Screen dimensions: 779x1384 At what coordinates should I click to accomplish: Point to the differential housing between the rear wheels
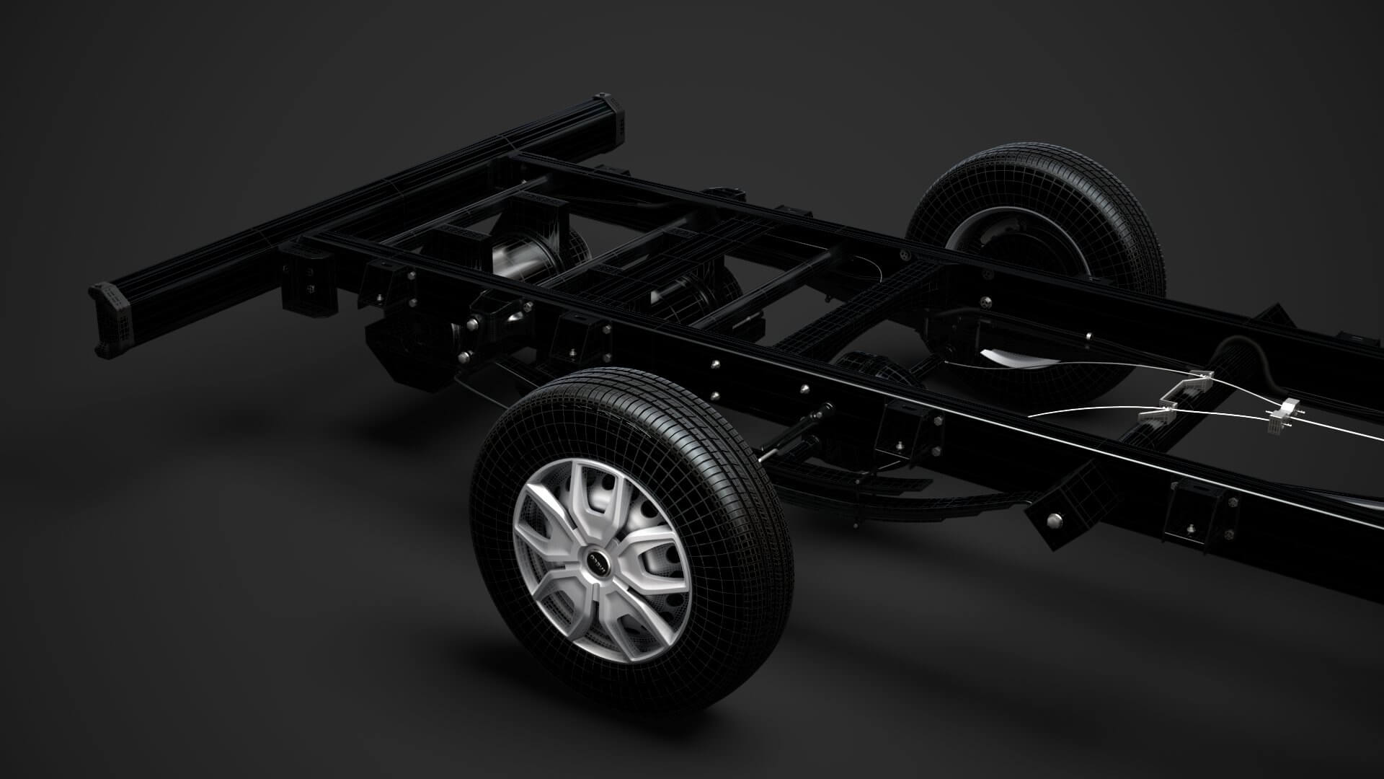point(865,368)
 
